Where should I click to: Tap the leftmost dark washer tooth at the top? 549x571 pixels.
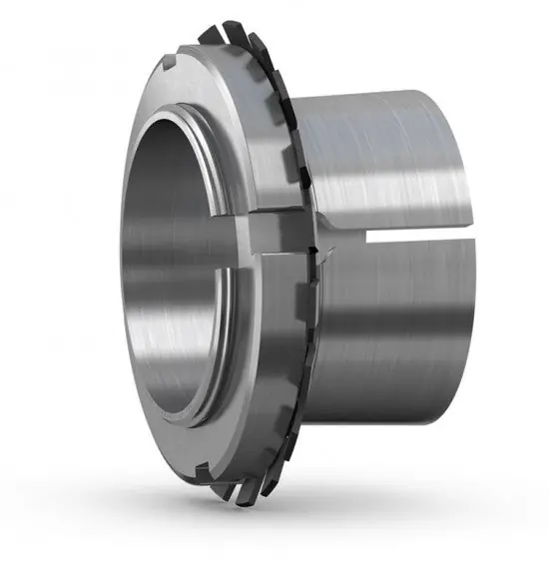(x=209, y=36)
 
